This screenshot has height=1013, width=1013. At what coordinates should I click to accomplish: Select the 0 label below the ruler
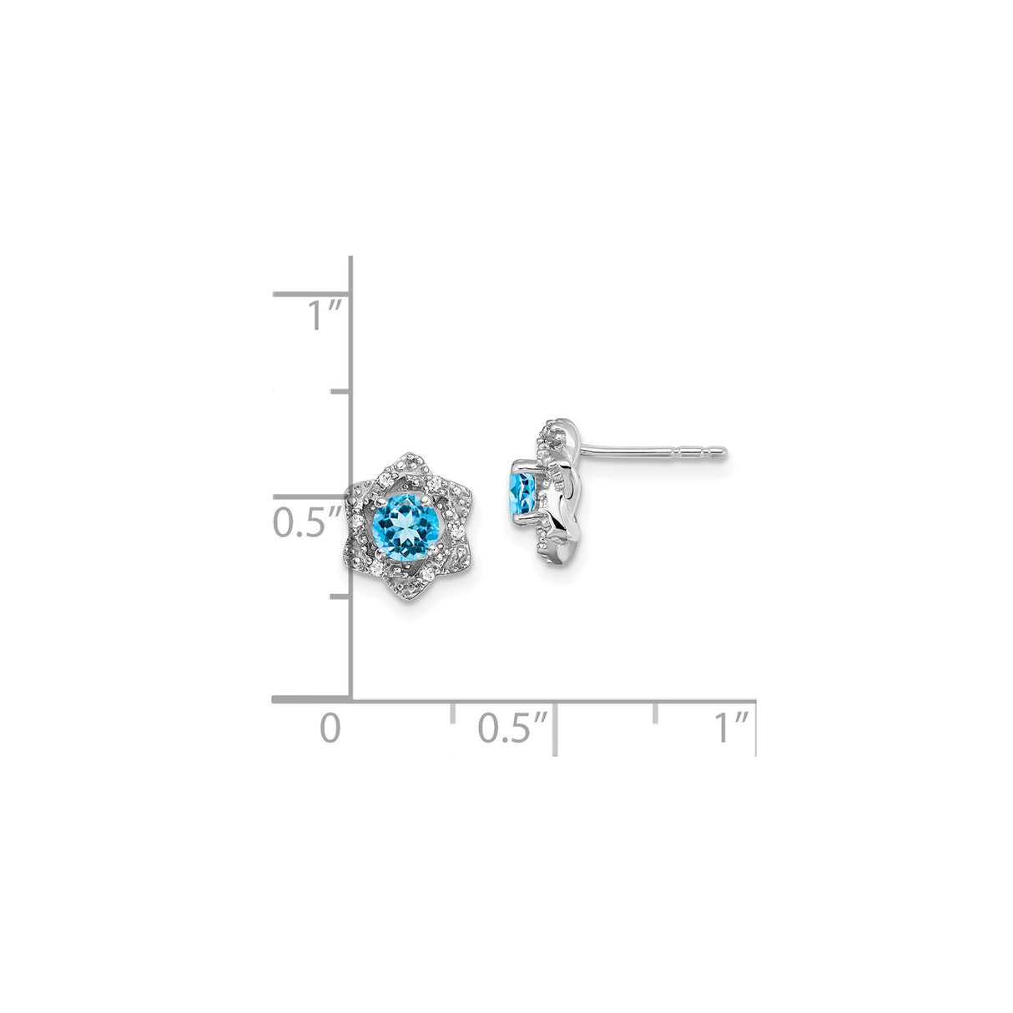pos(331,728)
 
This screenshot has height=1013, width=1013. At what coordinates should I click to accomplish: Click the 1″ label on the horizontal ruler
pos(732,728)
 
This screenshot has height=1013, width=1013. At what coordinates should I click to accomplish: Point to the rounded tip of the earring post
pos(723,453)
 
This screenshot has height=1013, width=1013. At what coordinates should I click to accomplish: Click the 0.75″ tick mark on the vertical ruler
pos(340,391)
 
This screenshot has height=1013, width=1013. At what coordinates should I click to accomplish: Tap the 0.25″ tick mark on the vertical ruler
pos(340,597)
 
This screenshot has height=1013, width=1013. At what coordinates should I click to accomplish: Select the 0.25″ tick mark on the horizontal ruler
pos(452,712)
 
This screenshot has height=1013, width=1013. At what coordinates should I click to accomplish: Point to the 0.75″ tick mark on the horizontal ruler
pos(656,712)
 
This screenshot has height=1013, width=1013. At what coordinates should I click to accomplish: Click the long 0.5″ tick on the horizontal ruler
pos(555,729)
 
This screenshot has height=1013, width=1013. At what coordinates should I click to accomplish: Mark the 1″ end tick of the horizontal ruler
pos(755,728)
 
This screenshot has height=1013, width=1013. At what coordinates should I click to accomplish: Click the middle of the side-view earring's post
pos(651,453)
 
